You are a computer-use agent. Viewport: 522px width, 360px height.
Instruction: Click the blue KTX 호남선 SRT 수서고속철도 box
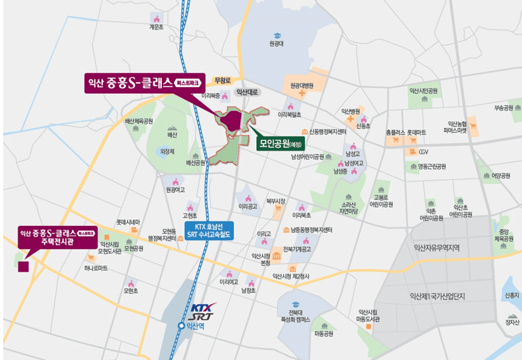(x=209, y=230)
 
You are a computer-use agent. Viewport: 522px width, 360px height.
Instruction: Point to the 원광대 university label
(x=276, y=44)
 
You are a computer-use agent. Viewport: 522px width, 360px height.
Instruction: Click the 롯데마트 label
(x=417, y=132)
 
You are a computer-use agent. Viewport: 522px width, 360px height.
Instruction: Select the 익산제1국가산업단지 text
(x=438, y=295)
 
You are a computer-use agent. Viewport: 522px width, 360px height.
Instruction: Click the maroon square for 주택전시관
(x=23, y=266)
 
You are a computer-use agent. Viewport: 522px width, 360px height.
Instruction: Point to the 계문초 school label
(x=156, y=27)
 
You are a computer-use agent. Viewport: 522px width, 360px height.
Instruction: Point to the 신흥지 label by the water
(x=511, y=295)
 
